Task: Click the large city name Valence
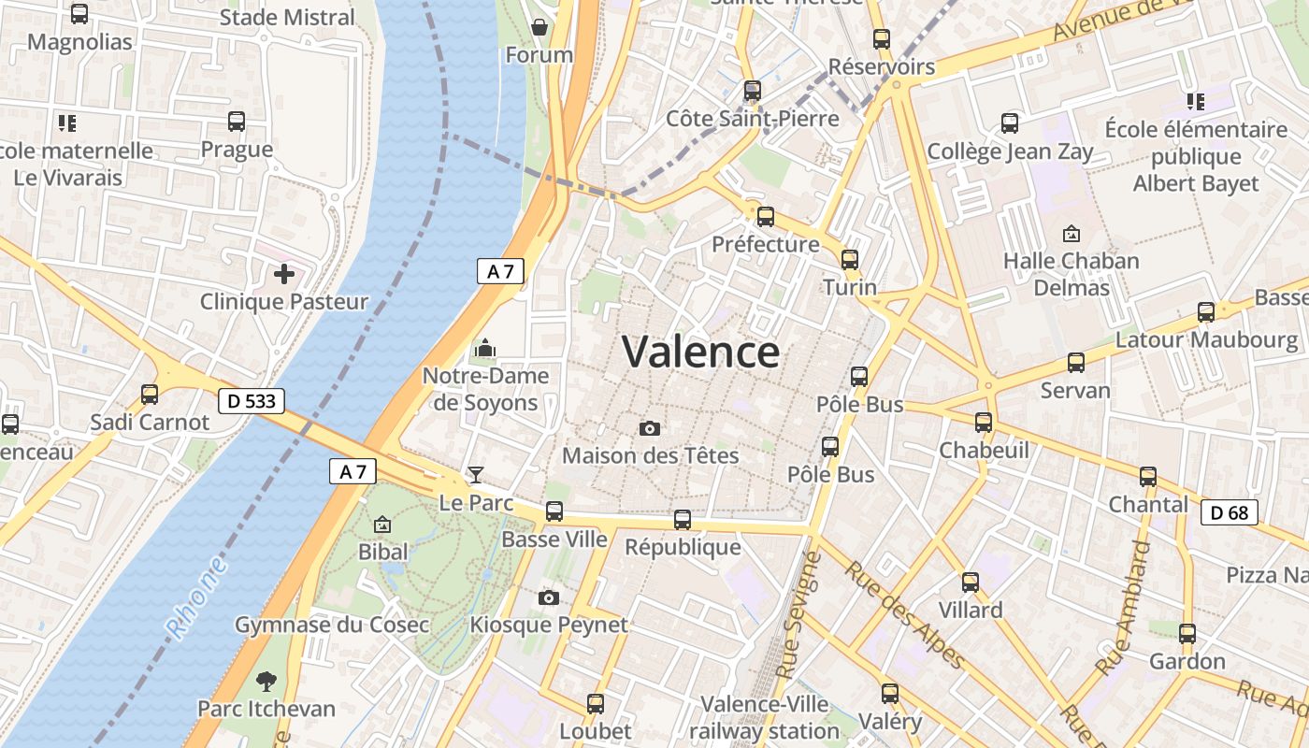coord(700,352)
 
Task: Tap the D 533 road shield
coord(251,401)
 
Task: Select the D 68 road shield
coord(1230,512)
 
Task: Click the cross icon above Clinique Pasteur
coord(284,274)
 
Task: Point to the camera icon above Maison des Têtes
coord(650,428)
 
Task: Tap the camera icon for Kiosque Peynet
coord(549,597)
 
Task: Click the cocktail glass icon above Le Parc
coord(476,475)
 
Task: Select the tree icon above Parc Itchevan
coord(266,680)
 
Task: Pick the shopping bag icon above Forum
coord(539,27)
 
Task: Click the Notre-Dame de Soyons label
coord(486,389)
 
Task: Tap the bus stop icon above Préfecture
coord(766,217)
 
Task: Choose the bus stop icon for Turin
coord(850,260)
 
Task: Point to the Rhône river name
coord(197,598)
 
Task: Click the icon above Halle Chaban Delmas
coord(1072,234)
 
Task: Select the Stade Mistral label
coord(287,17)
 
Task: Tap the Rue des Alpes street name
coord(904,615)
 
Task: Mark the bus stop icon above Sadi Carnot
coord(150,395)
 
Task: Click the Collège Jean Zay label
coord(1010,151)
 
